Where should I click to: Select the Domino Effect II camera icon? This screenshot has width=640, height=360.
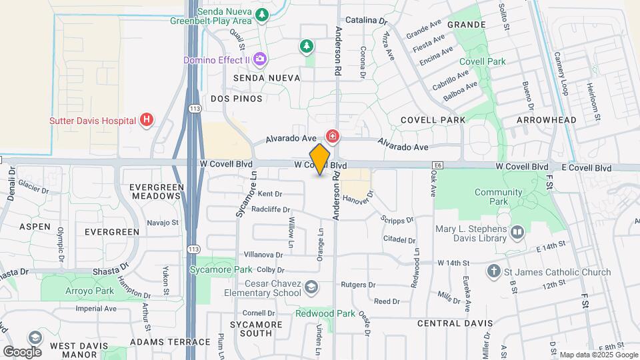pos(260,60)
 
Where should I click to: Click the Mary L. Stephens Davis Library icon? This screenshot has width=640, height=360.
pos(518,233)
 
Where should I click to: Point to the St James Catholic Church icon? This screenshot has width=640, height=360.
pos(493,271)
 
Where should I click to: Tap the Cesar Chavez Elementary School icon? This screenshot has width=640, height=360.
pos(311,287)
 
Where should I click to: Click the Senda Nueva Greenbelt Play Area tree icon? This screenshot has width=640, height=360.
pos(263,15)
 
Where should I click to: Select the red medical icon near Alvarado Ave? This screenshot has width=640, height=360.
pos(332,137)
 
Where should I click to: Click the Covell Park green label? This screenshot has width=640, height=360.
pos(482,61)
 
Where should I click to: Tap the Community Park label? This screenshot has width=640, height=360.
pos(499,197)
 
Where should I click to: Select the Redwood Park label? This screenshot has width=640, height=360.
pos(327,313)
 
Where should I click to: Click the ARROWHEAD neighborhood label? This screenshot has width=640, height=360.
pos(546,120)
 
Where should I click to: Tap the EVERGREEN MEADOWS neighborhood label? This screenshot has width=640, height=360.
pos(156,191)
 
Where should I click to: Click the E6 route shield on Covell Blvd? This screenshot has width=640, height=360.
pos(437,165)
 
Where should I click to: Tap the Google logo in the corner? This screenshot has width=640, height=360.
pos(23,351)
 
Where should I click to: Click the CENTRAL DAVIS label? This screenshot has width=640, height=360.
pos(455,323)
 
